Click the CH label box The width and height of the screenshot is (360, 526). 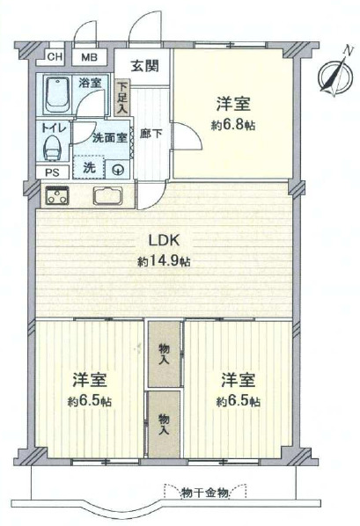55,56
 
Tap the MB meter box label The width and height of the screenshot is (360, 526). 89,57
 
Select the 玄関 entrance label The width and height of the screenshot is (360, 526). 144,66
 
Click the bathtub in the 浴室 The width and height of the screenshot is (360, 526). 57,95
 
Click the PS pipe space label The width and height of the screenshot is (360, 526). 53,172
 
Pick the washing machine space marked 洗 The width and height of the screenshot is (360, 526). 88,167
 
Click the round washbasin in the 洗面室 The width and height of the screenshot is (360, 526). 118,170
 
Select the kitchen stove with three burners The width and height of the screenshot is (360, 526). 58,195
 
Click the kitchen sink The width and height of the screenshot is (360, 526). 107,196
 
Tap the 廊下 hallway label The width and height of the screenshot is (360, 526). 151,134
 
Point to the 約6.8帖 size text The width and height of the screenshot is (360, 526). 233,125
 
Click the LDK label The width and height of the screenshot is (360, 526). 165,240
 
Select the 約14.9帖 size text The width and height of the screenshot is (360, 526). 164,260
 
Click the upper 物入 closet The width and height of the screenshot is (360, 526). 164,354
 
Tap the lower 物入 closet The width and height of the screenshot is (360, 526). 164,425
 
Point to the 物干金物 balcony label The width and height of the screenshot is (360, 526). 205,493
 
